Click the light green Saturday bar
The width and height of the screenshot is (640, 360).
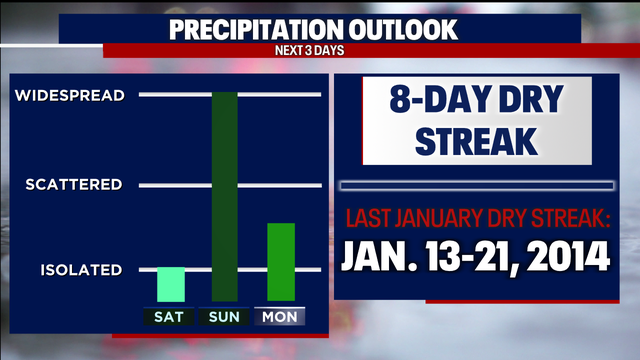pos(171,284)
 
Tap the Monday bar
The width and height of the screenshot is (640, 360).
pos(280,261)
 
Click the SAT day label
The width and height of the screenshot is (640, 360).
pos(171,317)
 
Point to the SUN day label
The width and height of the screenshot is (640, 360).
pos(225,317)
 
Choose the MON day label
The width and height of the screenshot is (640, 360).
pos(280,317)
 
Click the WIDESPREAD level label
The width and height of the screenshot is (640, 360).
pos(69,96)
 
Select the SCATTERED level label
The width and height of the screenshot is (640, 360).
pos(74,185)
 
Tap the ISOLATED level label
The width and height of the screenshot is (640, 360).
pos(81,270)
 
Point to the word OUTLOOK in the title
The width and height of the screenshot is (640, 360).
pos(409,29)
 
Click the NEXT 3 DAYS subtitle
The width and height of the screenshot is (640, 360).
pos(319,50)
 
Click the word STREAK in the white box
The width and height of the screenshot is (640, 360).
pos(474,142)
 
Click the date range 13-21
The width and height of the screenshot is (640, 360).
pos(472,255)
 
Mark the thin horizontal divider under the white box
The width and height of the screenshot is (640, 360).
pos(476,186)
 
